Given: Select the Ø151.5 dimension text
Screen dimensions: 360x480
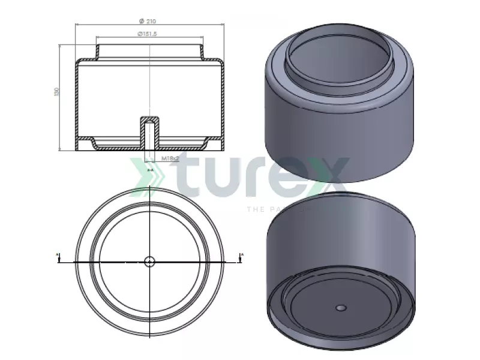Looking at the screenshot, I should pyautogui.click(x=147, y=34).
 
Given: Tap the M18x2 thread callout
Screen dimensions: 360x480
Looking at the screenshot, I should pyautogui.click(x=171, y=159).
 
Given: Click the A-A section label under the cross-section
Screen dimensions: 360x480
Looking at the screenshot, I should pyautogui.click(x=151, y=170).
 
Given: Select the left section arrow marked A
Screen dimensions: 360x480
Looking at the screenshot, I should pyautogui.click(x=58, y=257).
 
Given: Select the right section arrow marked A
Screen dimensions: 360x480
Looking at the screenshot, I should pyautogui.click(x=242, y=257).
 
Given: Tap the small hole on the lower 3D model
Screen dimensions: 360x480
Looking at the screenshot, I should pyautogui.click(x=340, y=308).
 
